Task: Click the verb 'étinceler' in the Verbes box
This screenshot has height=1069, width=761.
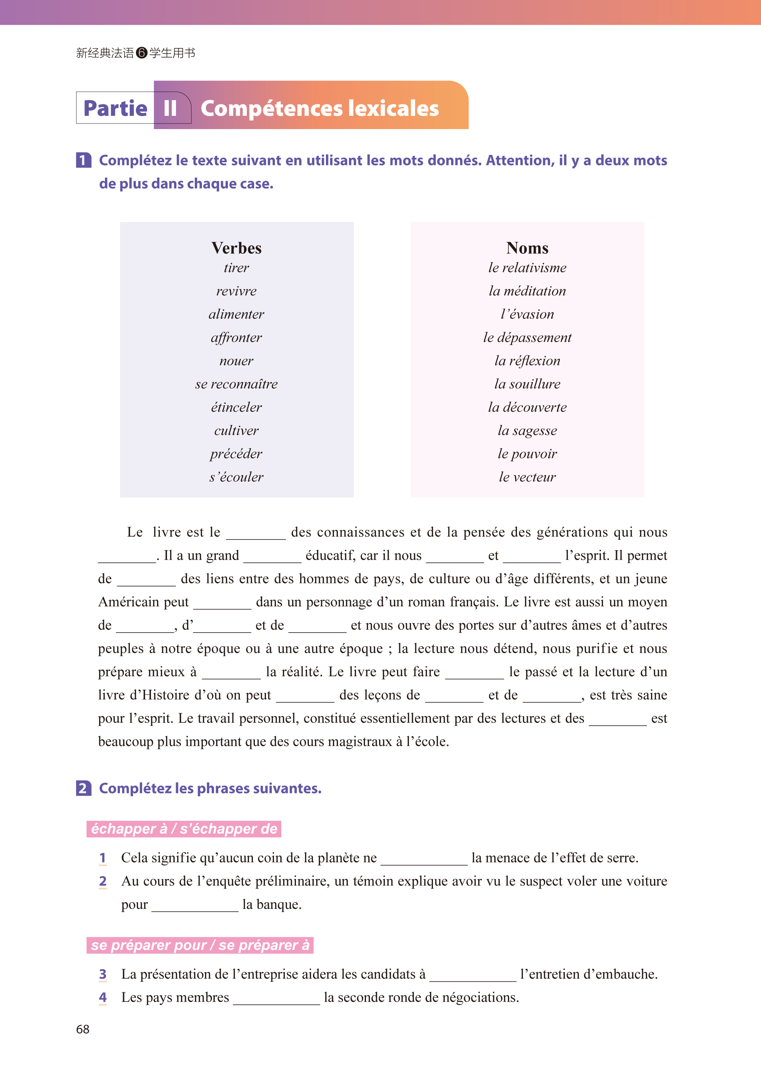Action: tap(236, 407)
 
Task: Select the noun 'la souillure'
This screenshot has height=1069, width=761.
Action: tap(527, 384)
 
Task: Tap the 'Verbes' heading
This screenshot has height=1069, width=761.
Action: tap(236, 248)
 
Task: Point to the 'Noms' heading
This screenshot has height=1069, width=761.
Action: tap(527, 248)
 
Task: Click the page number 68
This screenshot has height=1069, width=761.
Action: tap(83, 1029)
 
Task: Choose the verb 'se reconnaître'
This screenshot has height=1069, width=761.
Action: tap(236, 384)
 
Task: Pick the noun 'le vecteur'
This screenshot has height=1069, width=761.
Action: tap(527, 477)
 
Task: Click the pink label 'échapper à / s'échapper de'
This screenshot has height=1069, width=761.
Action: tap(184, 829)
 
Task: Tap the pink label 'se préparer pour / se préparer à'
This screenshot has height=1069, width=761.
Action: tap(200, 945)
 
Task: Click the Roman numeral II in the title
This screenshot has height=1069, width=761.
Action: tap(170, 108)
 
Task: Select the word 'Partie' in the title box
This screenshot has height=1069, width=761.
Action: tap(115, 108)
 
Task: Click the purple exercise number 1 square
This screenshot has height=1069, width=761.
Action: tap(83, 160)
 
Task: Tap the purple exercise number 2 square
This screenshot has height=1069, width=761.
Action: tap(83, 788)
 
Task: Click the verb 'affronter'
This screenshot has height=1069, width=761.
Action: tap(236, 338)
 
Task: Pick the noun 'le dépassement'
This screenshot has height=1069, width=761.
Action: tap(527, 338)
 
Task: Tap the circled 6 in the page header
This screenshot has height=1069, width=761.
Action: tap(142, 53)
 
